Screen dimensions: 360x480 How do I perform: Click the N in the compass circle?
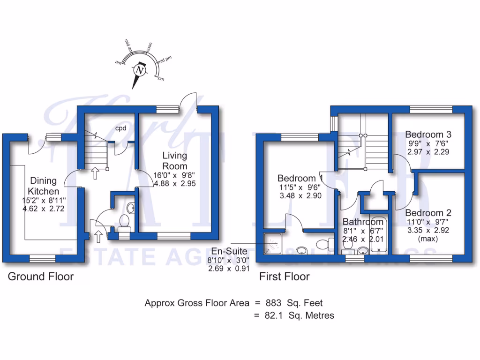pos(139,70)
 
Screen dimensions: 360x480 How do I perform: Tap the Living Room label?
pos(175,160)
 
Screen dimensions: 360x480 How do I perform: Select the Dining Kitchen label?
pos(43,186)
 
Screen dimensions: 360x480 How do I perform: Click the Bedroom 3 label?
pos(428,133)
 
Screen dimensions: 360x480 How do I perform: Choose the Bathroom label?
pos(363,222)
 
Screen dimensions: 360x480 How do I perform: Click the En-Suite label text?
pos(229,251)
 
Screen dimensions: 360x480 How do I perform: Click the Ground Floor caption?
pos(41,277)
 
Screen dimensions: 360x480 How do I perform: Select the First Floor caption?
pos(285,277)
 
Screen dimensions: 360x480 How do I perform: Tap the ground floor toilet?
pos(124,223)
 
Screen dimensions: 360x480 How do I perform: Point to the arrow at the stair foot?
pos(96,173)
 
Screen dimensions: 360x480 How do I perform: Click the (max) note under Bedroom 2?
pos(428,239)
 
